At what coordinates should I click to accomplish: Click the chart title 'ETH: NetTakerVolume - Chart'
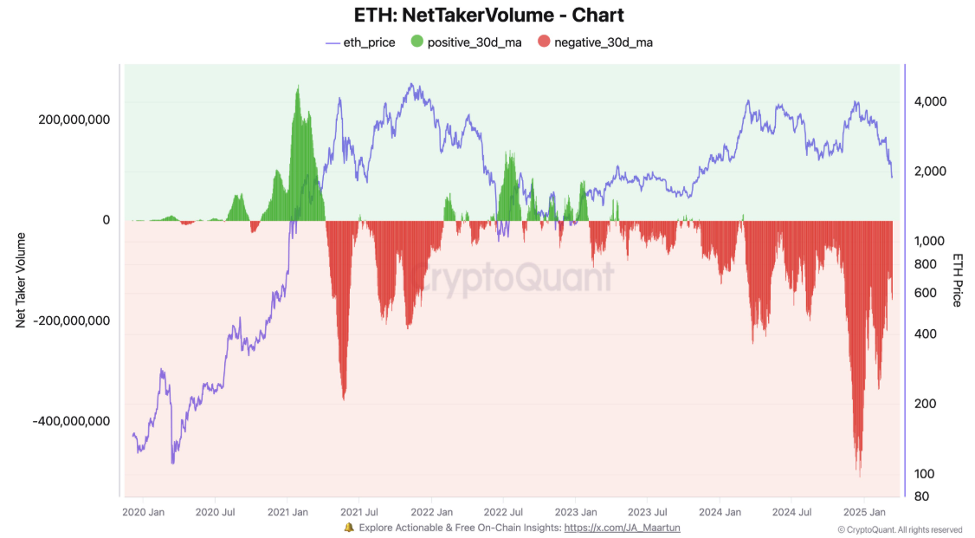point(488,15)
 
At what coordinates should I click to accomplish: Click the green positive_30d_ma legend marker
point(416,42)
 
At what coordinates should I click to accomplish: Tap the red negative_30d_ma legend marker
point(544,42)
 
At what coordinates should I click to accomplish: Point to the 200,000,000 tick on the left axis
point(73,120)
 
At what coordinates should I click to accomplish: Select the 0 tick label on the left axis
point(106,220)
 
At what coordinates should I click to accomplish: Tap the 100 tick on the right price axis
point(924,473)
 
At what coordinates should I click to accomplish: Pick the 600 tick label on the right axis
point(924,293)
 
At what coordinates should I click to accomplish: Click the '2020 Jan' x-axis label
point(144,512)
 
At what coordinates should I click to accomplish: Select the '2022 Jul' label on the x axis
point(501,512)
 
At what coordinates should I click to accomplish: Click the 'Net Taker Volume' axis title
point(21,280)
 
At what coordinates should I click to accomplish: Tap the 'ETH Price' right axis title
point(957,280)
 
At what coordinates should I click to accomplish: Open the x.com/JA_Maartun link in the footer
point(622,527)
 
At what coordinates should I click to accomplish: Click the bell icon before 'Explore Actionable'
point(349,527)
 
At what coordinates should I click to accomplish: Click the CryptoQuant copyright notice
point(900,529)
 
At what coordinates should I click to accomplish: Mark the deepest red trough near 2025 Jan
point(859,476)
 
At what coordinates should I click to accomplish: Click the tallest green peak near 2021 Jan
point(298,87)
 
